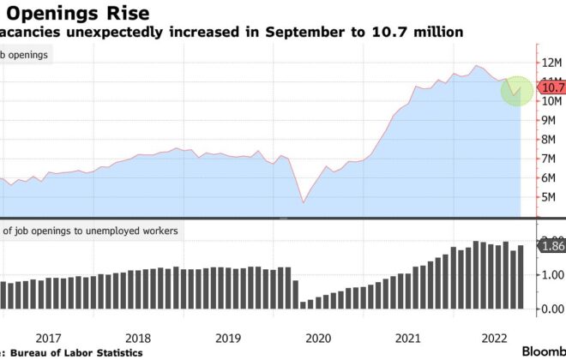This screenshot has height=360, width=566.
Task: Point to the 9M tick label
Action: tap(550, 120)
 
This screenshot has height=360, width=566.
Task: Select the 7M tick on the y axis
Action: tap(550, 159)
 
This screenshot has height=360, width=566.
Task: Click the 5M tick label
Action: tap(550, 197)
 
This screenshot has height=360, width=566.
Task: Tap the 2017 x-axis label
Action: tap(48, 337)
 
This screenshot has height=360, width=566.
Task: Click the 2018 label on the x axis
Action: tap(138, 337)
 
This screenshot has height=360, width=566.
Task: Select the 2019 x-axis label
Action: tap(228, 337)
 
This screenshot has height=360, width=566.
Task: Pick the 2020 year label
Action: tap(318, 337)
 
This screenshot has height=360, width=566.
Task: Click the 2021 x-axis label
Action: tap(408, 337)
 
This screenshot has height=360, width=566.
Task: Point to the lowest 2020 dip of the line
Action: tap(303, 202)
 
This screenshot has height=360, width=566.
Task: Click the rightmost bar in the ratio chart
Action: tap(520, 276)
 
